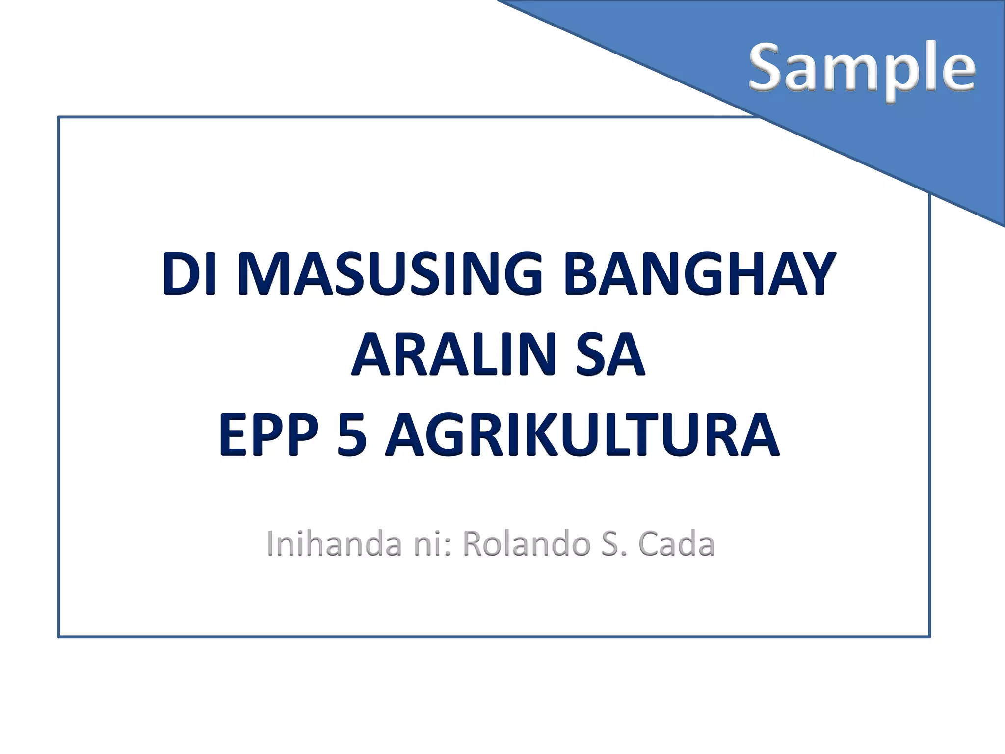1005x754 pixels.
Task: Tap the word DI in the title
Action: tap(189, 274)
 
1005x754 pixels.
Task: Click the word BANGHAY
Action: tap(699, 274)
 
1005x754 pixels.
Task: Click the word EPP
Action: tap(268, 435)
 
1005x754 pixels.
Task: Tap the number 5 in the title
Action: tap(352, 435)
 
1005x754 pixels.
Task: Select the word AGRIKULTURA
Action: tap(582, 435)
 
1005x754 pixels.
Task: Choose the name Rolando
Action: tap(526, 544)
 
